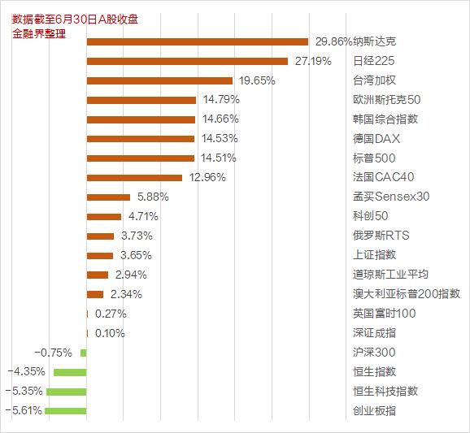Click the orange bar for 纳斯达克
point(197,41)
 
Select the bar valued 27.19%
point(187,61)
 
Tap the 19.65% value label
point(255,80)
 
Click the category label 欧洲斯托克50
point(386,100)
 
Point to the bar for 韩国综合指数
point(141,119)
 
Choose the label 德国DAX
point(376,138)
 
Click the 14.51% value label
point(219,158)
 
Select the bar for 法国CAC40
point(134,177)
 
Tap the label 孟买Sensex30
point(391,197)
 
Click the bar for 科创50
point(104,216)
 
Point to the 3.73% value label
point(136,236)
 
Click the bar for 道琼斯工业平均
point(98,275)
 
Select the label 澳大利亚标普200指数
point(407,294)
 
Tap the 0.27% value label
point(111,314)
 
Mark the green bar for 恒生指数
point(70,372)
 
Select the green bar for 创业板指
point(66,411)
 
